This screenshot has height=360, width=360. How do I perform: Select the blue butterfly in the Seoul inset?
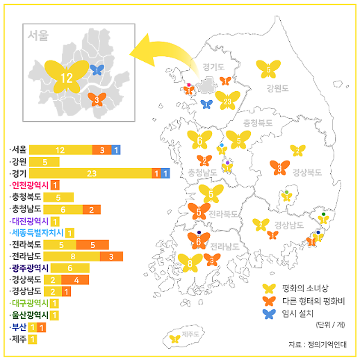[x=98, y=69]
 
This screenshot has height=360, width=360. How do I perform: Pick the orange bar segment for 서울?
[x=102, y=149]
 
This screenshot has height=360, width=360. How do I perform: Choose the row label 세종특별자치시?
[x=35, y=232]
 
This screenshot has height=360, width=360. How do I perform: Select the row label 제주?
[x=19, y=338]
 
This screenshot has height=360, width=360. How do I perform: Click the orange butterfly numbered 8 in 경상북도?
[x=279, y=167]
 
